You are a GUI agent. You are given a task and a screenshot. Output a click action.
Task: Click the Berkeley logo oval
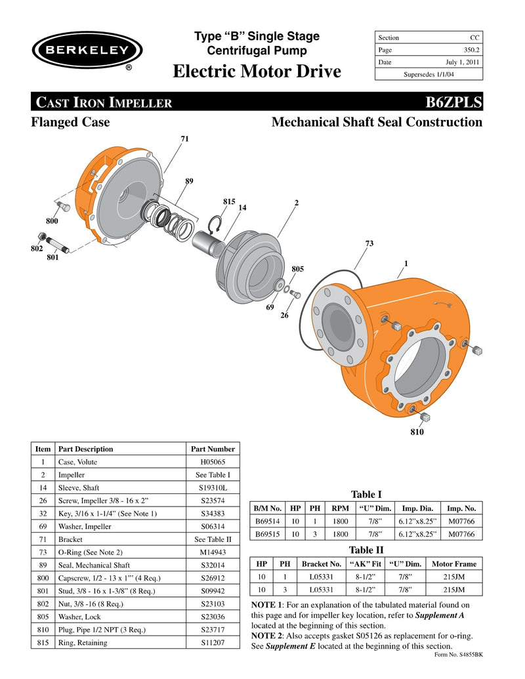point(87,50)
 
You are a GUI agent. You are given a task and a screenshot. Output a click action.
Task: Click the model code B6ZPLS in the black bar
point(453,102)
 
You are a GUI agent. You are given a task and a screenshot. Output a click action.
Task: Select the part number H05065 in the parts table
point(212,462)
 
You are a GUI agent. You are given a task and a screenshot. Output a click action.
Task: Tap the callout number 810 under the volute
point(417,433)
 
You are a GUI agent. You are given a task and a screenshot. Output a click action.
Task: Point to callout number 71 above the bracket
point(185,139)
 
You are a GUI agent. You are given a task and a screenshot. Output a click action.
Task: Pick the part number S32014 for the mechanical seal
point(212,565)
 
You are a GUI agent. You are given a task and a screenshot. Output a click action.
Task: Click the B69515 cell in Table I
point(268,534)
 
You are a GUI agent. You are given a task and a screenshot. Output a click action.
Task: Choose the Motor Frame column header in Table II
point(454,564)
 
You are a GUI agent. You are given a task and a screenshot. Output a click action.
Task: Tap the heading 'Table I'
point(366,494)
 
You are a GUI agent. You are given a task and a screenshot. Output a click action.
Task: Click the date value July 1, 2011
point(462,62)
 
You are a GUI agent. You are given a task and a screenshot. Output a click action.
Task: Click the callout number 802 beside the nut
point(36,249)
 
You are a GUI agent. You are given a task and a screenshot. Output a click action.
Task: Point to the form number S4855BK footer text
point(459,655)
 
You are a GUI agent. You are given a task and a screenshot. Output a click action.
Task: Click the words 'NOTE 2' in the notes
point(270,636)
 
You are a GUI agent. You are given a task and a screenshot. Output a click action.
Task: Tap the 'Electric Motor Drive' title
point(257,72)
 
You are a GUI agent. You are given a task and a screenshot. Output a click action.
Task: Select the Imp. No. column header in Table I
point(461,508)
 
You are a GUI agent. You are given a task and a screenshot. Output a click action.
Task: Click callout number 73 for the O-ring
point(369,243)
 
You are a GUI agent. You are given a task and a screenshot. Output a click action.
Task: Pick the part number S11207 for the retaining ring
point(212,642)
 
